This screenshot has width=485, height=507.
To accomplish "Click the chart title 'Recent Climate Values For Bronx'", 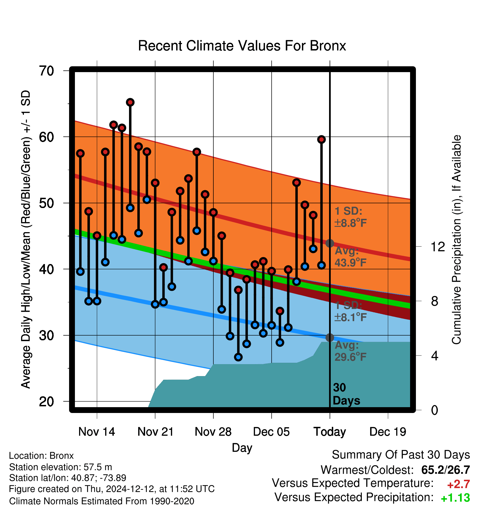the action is [x=242, y=46].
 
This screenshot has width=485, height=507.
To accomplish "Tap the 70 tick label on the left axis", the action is [x=46, y=71].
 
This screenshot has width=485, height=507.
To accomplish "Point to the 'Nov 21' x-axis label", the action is [x=155, y=432].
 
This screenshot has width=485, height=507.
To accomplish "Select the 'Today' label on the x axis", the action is [x=330, y=432].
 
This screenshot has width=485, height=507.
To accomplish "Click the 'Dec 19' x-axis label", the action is [x=388, y=432].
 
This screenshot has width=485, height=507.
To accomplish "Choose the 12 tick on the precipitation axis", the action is [x=438, y=246].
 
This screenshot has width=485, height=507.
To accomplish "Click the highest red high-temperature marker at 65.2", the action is [x=130, y=102].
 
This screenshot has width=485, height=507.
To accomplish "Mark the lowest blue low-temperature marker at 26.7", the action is [x=238, y=357].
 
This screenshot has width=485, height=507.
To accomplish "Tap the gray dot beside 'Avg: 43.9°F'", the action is [x=330, y=243].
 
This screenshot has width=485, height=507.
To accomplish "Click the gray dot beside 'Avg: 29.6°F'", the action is [x=330, y=338].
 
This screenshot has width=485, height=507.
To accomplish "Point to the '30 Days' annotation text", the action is [x=346, y=394].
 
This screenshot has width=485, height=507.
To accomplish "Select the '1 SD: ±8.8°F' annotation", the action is [x=350, y=217].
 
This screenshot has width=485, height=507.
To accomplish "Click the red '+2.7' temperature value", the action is [x=458, y=484].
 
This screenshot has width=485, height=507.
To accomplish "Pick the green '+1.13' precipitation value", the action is [x=455, y=498].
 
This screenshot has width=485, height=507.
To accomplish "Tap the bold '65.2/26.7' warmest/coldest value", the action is [x=446, y=470].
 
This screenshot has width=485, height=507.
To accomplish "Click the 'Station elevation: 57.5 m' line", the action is [x=60, y=467].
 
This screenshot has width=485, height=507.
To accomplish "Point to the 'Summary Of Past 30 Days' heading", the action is [x=401, y=455].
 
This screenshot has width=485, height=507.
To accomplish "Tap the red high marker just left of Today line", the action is [x=321, y=140].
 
